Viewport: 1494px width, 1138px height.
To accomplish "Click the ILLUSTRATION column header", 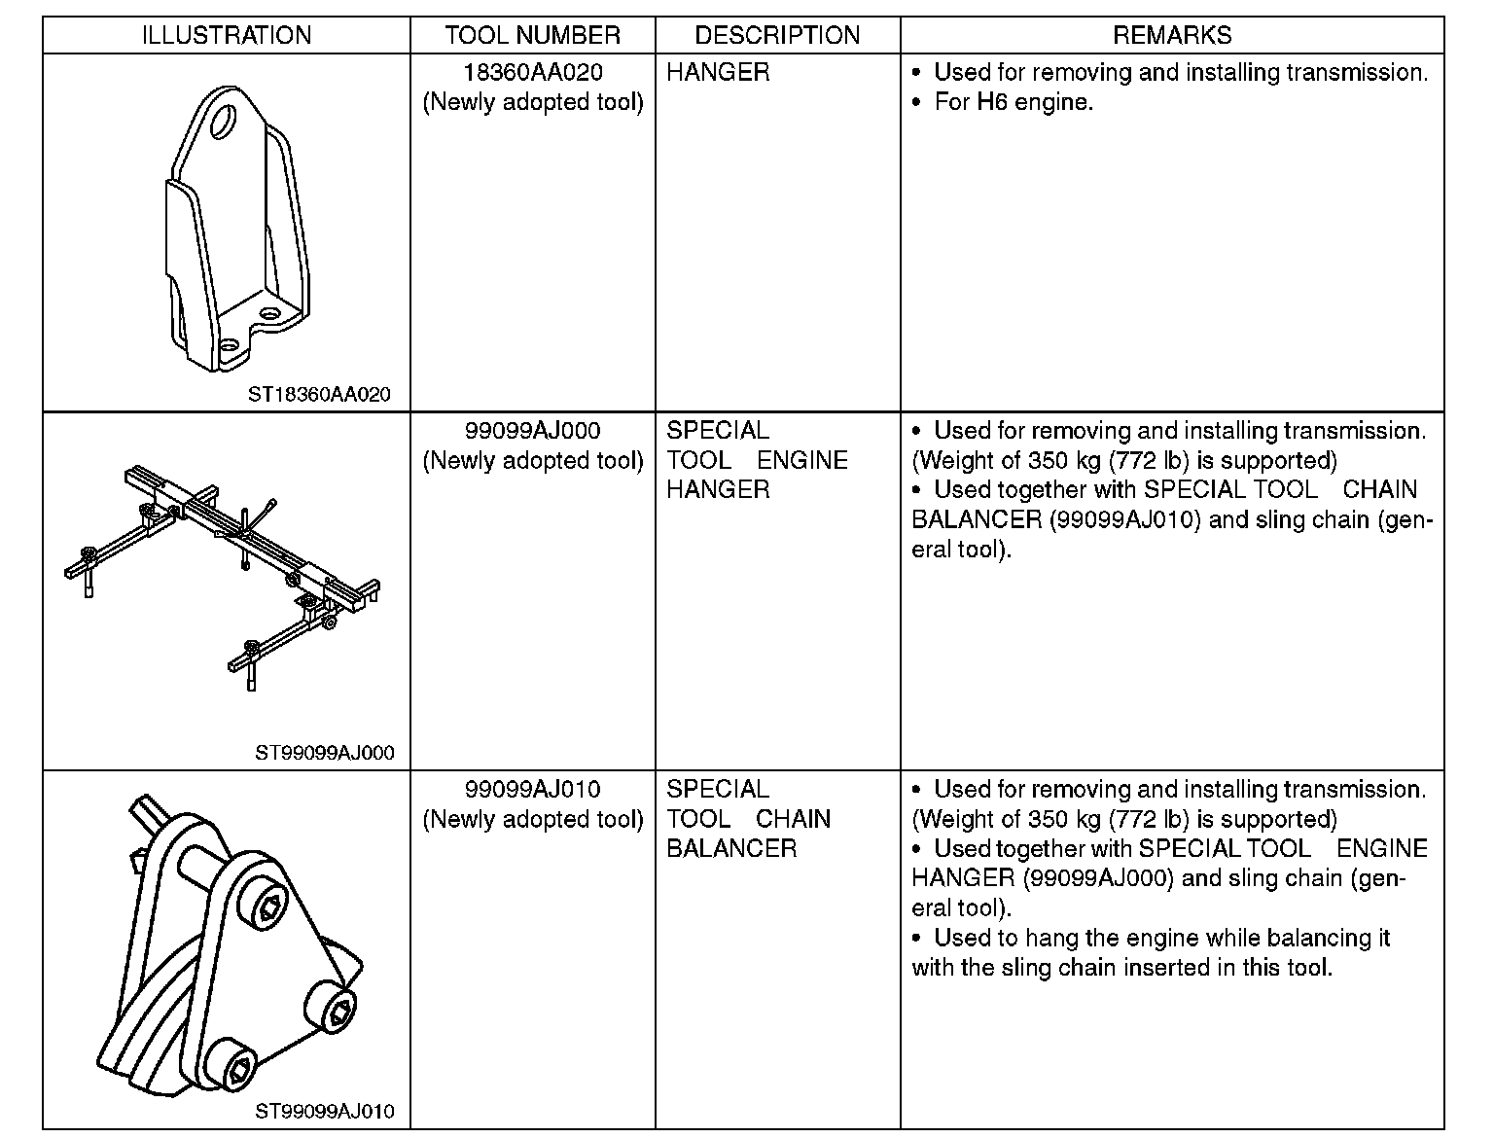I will coord(226,36).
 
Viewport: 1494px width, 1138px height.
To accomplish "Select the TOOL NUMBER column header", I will coord(532,36).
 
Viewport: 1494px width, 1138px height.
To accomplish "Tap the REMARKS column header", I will coord(1171,36).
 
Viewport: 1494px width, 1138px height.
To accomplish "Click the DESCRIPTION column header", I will coord(777,36).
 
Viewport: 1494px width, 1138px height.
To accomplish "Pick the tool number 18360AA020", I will coord(532,73).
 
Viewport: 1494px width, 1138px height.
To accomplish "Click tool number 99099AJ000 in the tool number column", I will coord(532,431).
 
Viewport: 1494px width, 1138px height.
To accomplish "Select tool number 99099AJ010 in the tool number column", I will coord(532,790).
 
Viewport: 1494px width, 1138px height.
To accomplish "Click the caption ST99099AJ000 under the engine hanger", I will coord(325,753).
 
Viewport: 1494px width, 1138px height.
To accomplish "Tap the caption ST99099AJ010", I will coord(325,1111).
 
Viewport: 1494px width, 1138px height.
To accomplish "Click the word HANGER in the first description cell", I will coord(718,73).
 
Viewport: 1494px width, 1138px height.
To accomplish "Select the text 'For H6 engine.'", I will coord(1014,102).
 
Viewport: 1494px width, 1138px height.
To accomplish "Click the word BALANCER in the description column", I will coord(731,849).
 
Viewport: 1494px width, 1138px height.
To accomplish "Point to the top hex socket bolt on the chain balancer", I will coord(268,907).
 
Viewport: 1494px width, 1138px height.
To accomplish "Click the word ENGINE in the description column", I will coord(802,461).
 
